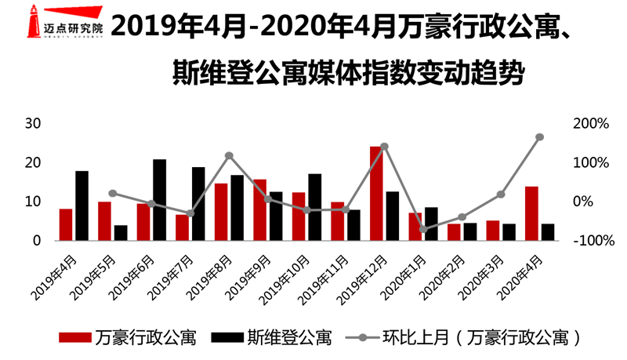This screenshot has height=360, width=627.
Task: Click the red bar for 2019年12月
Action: (x=376, y=193)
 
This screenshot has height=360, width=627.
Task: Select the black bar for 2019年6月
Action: (x=159, y=200)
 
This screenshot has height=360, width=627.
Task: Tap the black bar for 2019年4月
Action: (x=82, y=205)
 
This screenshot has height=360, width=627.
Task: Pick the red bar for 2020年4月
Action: (x=531, y=213)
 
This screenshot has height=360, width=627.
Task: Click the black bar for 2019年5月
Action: (x=120, y=233)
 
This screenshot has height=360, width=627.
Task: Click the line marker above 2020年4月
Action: (x=539, y=137)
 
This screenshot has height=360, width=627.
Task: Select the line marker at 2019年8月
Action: (x=229, y=155)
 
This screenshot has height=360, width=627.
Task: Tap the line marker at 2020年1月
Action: (x=422, y=230)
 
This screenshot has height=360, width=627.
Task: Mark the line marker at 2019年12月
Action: (x=384, y=147)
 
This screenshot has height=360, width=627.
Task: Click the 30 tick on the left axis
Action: (x=32, y=124)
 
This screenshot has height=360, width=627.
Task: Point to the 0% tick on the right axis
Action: (x=594, y=202)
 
